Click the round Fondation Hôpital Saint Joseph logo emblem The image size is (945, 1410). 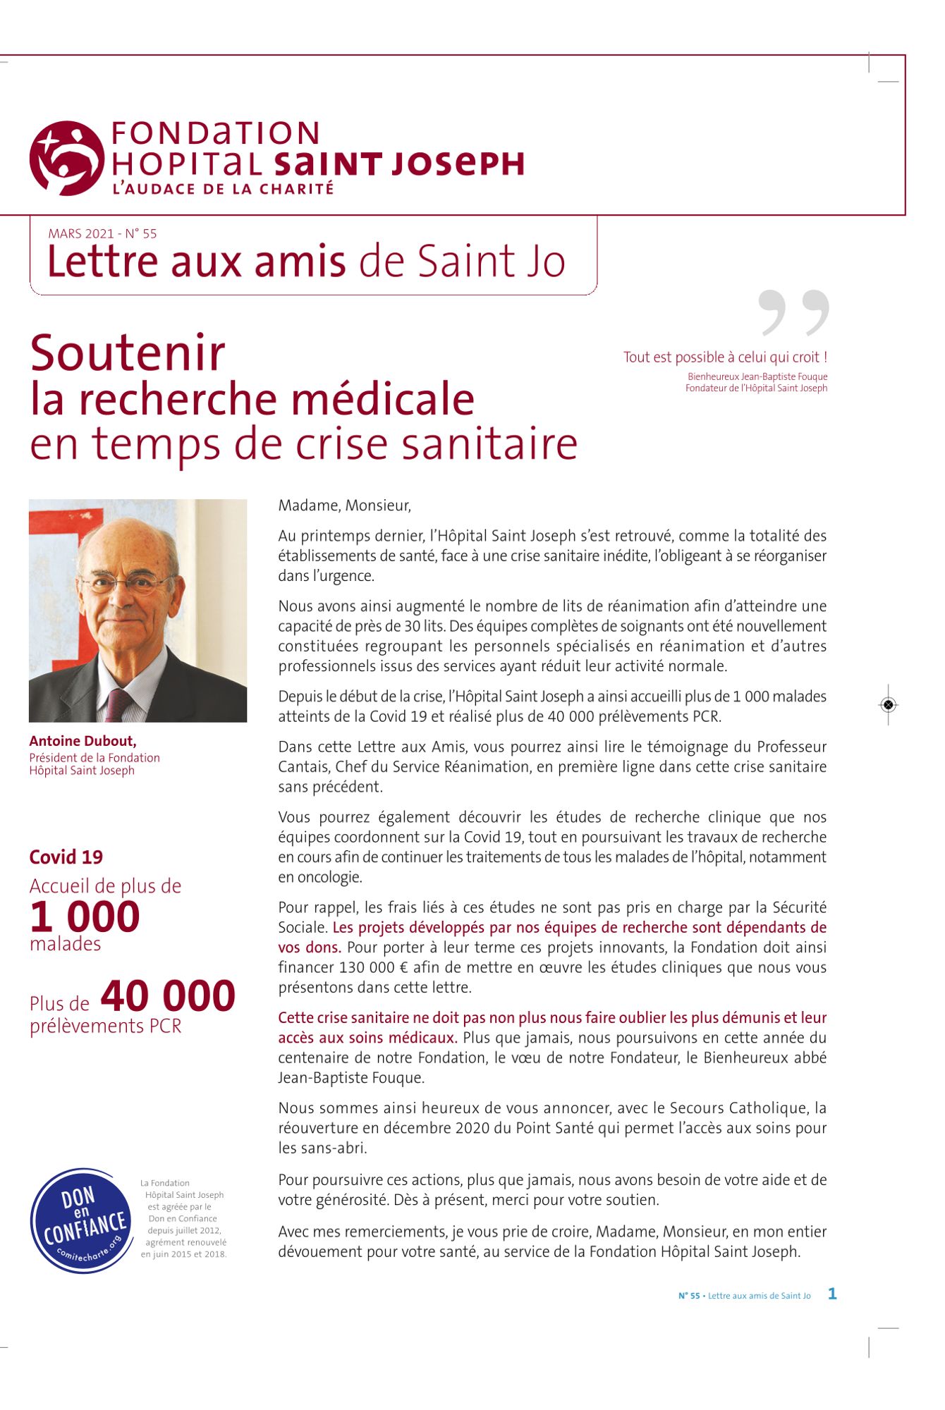coord(67,159)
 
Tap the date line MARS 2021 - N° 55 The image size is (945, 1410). coord(102,233)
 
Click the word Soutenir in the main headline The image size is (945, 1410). coord(128,353)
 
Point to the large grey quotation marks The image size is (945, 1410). coord(793,312)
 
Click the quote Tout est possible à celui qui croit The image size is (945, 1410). coord(725,357)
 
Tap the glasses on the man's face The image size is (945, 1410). coord(127,583)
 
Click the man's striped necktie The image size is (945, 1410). coord(118,705)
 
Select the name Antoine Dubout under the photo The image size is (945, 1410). coord(83,741)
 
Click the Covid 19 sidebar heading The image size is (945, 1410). coord(66,857)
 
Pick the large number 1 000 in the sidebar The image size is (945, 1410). coord(85,916)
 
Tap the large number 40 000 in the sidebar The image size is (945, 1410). coord(168,995)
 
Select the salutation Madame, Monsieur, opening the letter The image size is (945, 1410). coord(344,505)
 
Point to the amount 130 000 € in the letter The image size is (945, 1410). coord(373,967)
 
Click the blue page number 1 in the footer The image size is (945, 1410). coord(832,1294)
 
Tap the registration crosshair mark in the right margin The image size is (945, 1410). coord(888,704)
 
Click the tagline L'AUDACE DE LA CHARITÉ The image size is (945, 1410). coord(223,189)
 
